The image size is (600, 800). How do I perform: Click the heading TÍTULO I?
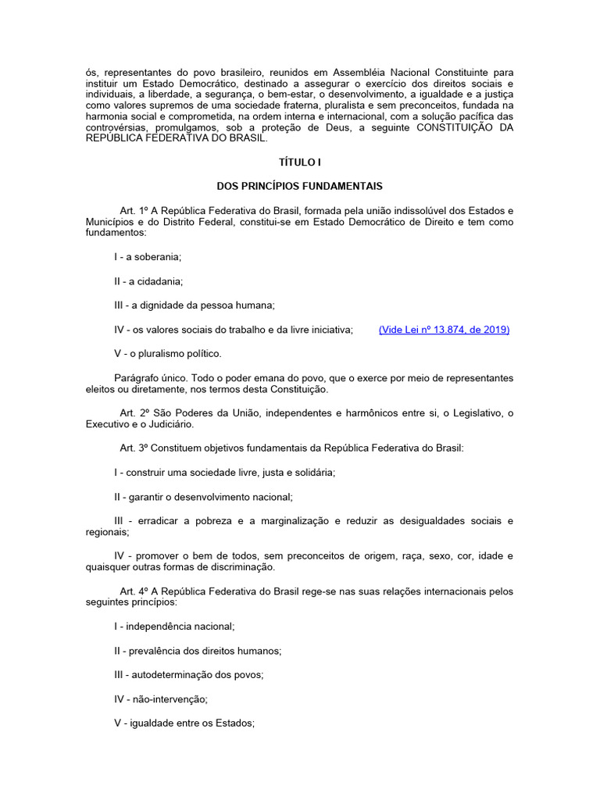300,162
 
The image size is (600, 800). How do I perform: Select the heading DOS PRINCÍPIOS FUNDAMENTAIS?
300,186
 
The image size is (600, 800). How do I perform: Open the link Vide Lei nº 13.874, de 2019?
444,330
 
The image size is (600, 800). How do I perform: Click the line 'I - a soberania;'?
148,256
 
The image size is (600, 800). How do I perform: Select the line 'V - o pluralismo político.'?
168,353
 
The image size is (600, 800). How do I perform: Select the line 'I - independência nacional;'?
174,626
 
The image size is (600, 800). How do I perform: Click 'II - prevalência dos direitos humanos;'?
198,650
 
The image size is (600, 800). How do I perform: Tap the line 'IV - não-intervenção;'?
160,699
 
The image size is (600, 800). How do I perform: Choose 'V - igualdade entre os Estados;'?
184,723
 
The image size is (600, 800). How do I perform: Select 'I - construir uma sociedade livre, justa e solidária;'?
225,472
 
